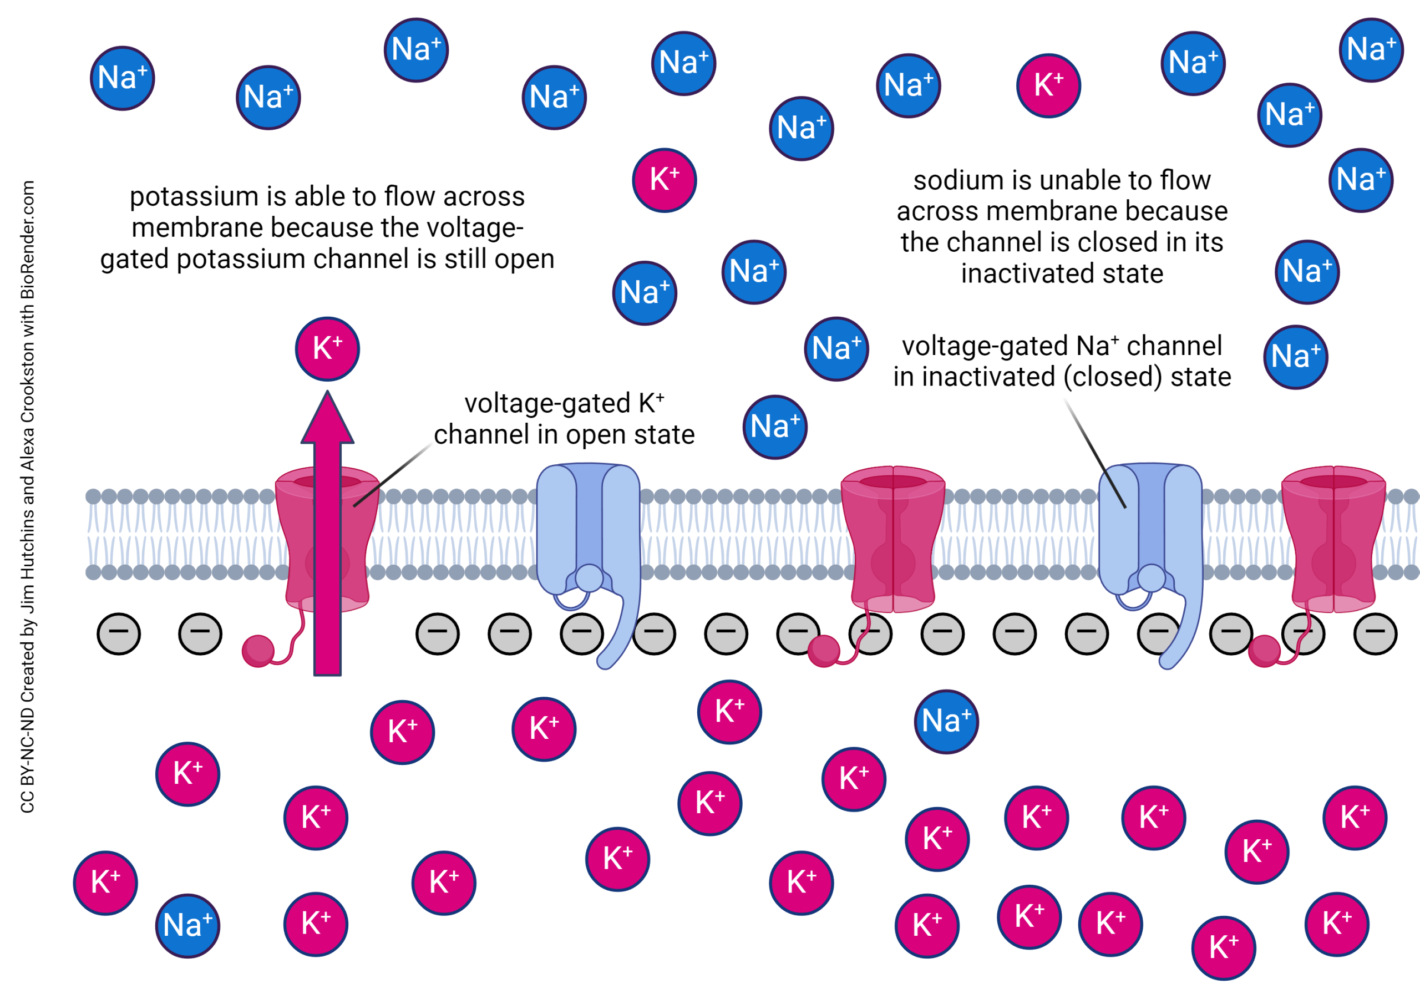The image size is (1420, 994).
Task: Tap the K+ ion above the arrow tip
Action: pos(327,349)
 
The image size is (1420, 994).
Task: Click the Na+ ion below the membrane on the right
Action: pos(946,721)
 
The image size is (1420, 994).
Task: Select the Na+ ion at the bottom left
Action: pos(187,925)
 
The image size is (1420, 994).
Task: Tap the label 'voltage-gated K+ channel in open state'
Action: pos(564,419)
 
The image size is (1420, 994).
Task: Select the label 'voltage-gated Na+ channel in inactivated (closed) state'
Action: pos(1061,361)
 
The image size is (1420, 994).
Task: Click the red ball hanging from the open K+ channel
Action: pos(258,651)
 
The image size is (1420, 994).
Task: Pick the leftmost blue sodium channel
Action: pos(587,544)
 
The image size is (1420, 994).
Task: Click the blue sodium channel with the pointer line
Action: pos(1150,544)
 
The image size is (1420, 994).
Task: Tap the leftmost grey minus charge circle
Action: pos(119,633)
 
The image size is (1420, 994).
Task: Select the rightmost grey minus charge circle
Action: pos(1375,633)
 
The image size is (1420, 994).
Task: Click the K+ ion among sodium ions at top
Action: pos(1048,85)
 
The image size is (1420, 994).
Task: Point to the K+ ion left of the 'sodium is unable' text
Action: pos(664,180)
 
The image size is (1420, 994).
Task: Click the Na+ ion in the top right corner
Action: pos(1371,49)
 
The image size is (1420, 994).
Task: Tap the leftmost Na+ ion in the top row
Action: pos(123,78)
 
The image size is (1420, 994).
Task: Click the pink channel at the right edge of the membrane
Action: pos(1333,538)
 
